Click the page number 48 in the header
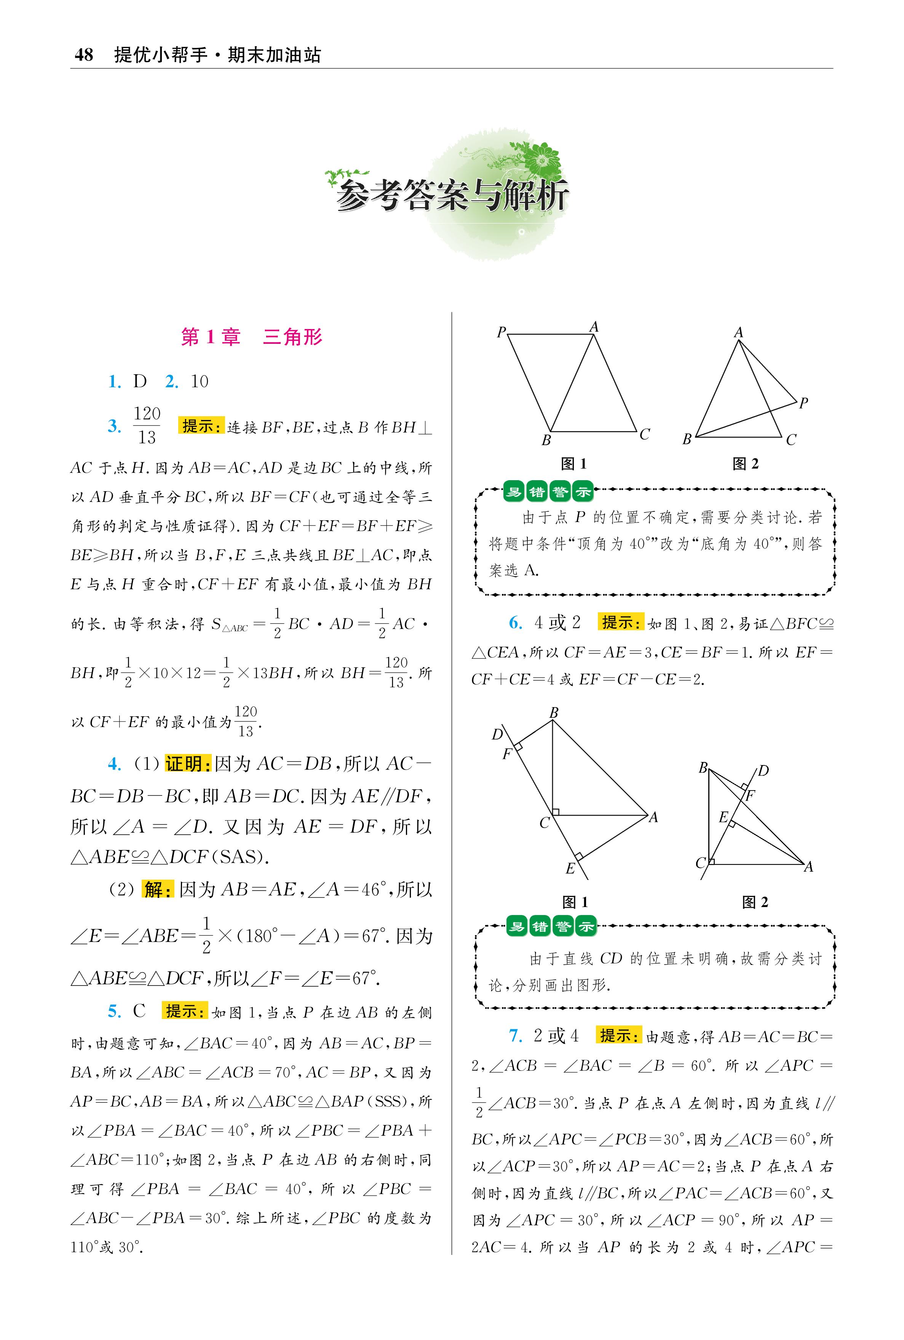tap(84, 55)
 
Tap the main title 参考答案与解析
tap(453, 196)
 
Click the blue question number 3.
tap(114, 426)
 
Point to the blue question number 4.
tap(114, 764)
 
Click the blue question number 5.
tap(114, 1011)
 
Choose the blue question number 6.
tap(515, 623)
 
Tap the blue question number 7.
tap(515, 1036)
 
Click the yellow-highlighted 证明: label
tap(188, 764)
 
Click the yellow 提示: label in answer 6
tap(621, 623)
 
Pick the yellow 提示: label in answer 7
tap(619, 1036)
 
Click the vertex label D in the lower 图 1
tap(497, 734)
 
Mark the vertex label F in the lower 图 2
tap(750, 796)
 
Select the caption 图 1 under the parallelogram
tap(573, 463)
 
